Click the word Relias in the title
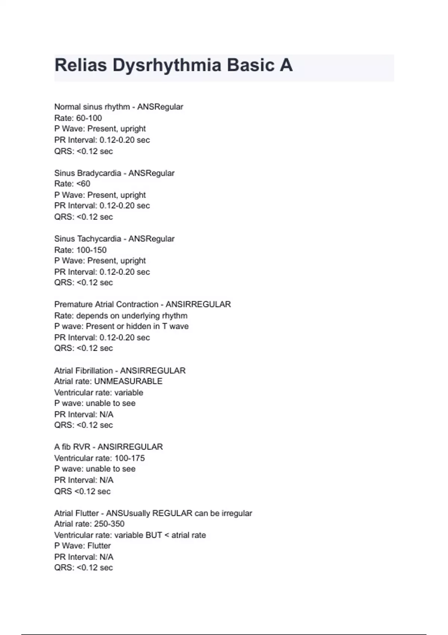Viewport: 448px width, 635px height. click(x=81, y=65)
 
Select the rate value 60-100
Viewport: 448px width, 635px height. click(x=89, y=118)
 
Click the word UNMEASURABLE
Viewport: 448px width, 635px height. click(x=128, y=381)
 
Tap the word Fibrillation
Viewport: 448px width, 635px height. click(x=94, y=371)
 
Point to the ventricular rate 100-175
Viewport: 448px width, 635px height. click(x=130, y=458)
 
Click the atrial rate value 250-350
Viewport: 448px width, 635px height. click(x=109, y=524)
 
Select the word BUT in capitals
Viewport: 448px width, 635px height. click(x=154, y=535)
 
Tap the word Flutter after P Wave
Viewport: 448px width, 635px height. click(x=99, y=546)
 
